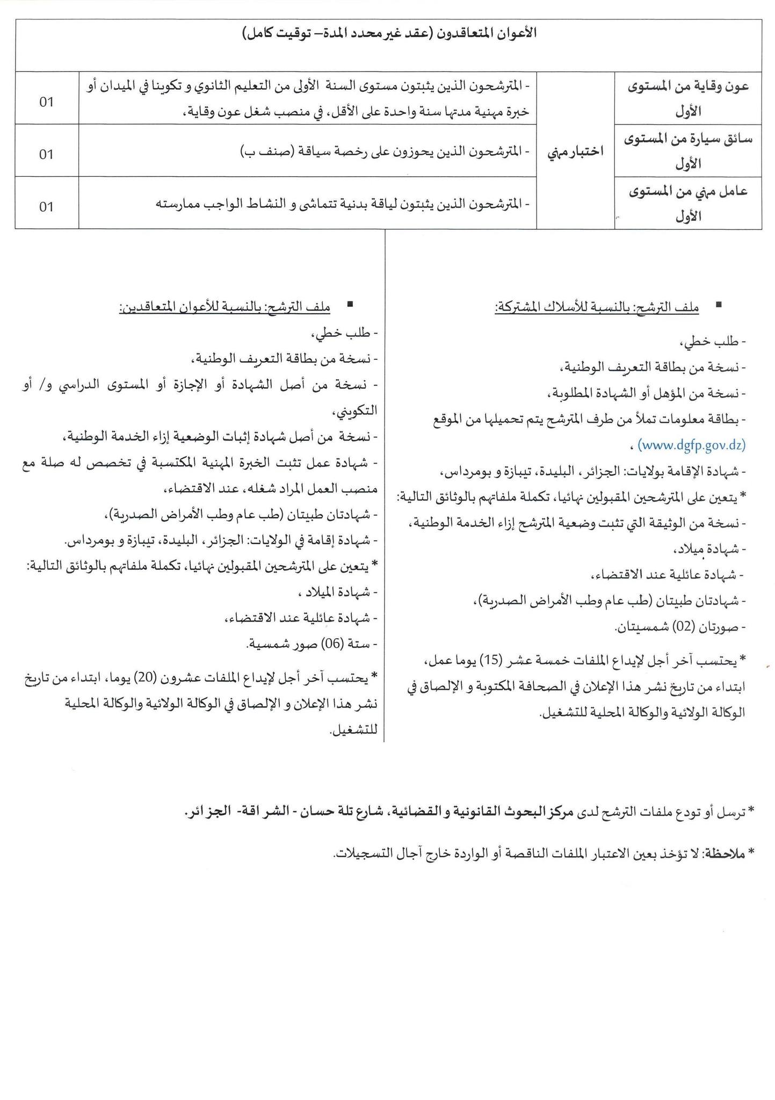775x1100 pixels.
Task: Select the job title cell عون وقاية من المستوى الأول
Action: [x=689, y=98]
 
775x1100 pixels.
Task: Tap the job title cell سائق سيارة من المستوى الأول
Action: [x=689, y=150]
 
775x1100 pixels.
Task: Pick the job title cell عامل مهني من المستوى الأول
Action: [x=689, y=203]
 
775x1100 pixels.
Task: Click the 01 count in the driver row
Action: [x=47, y=154]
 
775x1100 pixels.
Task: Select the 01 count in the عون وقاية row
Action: [x=47, y=102]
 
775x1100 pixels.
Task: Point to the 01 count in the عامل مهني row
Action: [x=47, y=206]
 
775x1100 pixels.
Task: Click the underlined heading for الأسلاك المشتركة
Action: [x=597, y=307]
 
